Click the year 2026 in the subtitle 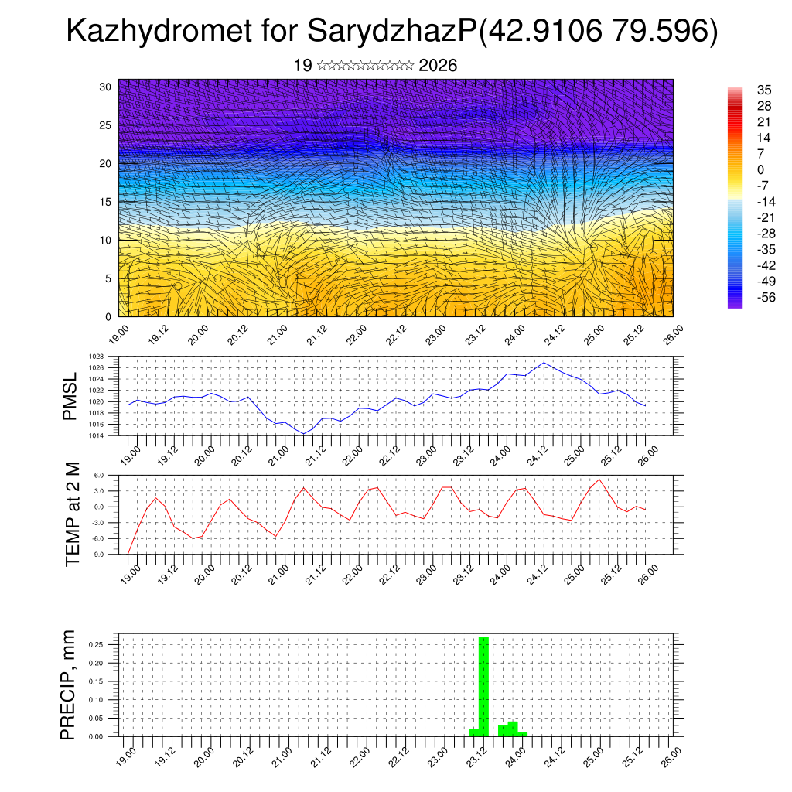pos(438,66)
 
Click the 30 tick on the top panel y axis pos(106,87)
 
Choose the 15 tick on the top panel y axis pos(106,202)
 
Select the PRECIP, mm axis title pos(70,684)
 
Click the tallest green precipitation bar pos(483,684)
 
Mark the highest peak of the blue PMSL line pos(544,362)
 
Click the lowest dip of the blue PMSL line pos(304,434)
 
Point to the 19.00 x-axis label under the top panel pos(118,334)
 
